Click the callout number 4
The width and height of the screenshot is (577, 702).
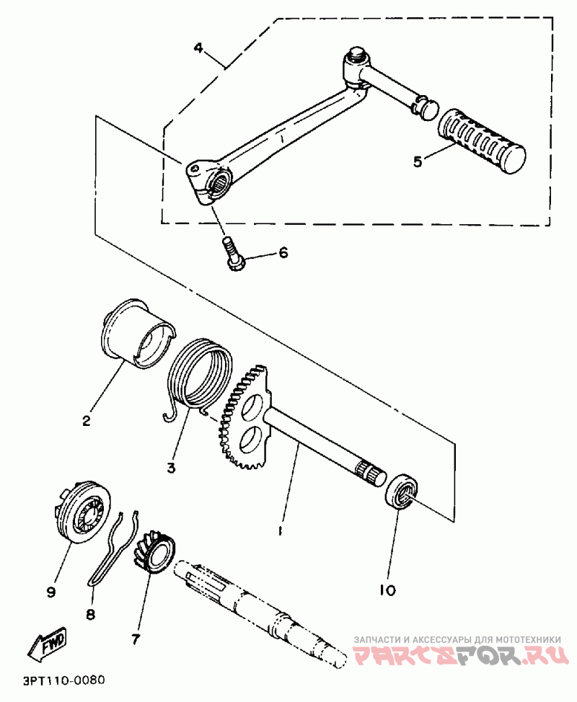coord(199,48)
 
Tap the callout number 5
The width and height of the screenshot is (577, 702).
coord(418,161)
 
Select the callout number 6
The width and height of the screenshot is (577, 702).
coord(283,253)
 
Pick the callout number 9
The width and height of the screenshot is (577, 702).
coord(50,592)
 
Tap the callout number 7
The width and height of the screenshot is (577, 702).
coord(135,638)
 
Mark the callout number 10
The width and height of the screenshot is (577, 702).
coord(387,590)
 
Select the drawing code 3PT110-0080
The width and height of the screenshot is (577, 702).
coord(64,680)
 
